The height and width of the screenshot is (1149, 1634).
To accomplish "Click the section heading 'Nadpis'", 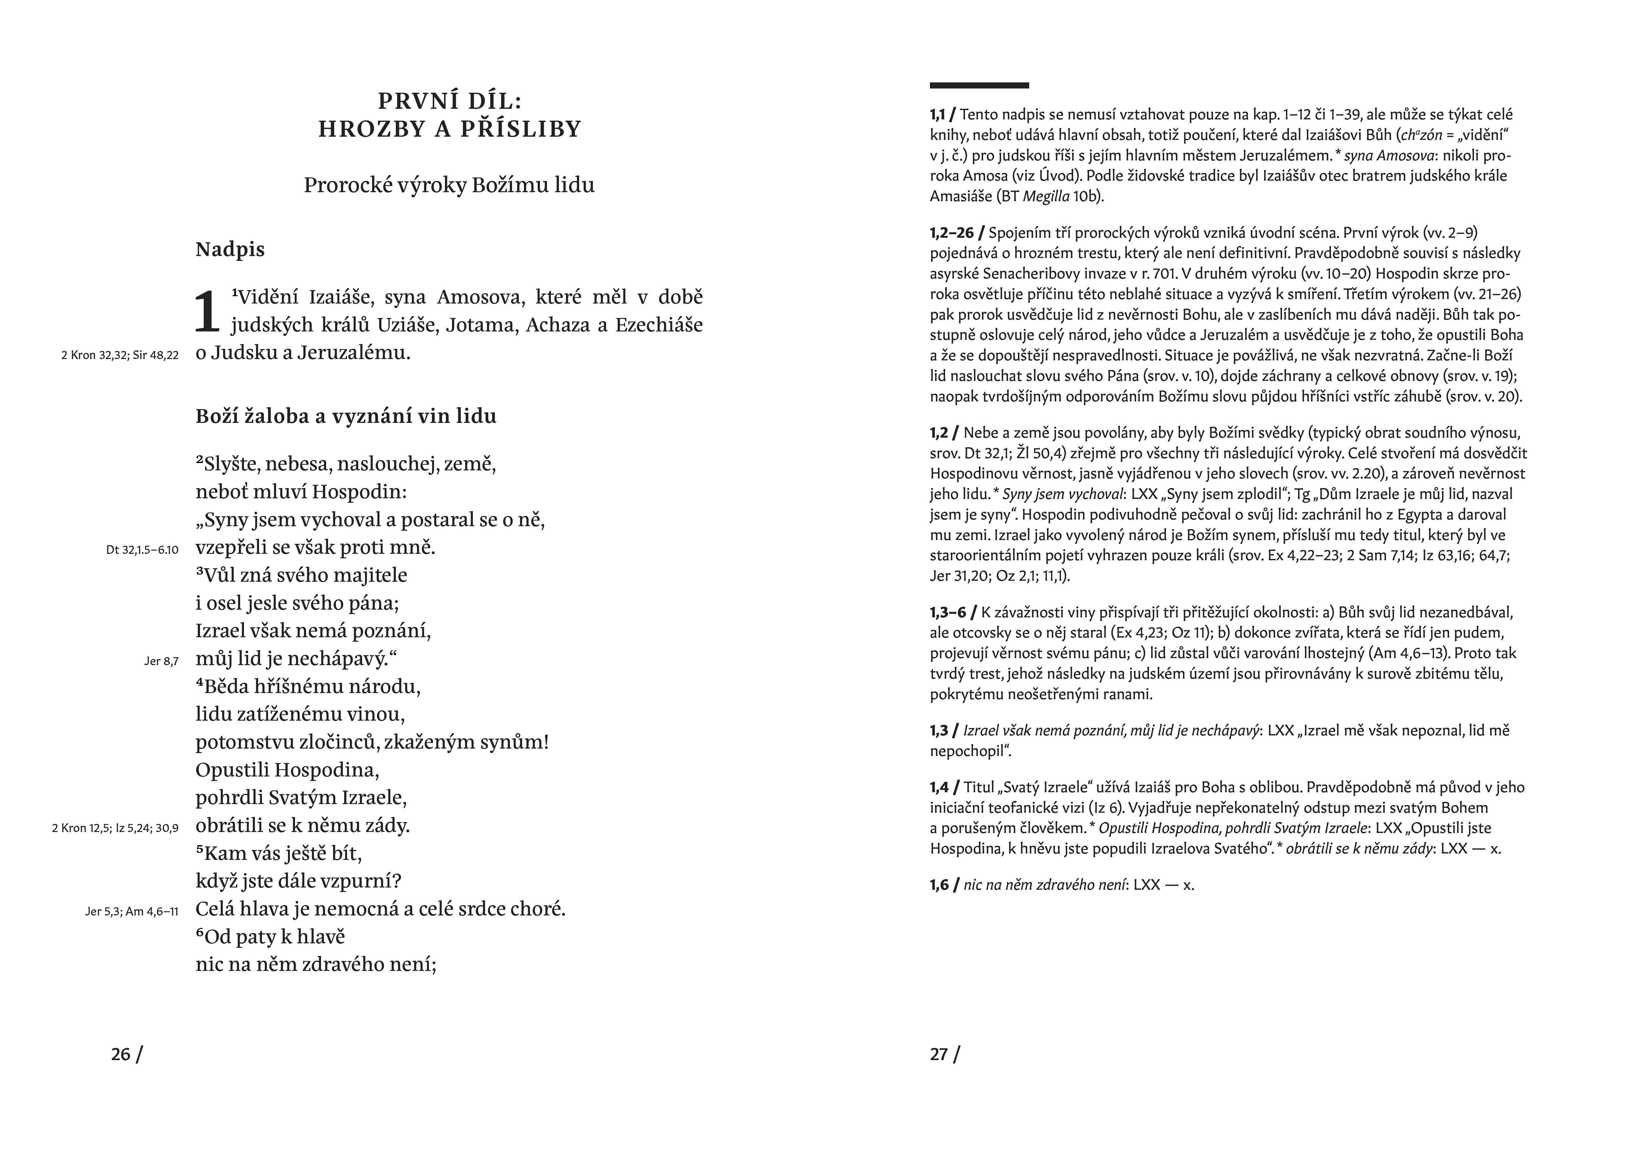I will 230,250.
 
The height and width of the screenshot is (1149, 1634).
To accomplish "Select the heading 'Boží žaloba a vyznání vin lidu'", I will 346,416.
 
